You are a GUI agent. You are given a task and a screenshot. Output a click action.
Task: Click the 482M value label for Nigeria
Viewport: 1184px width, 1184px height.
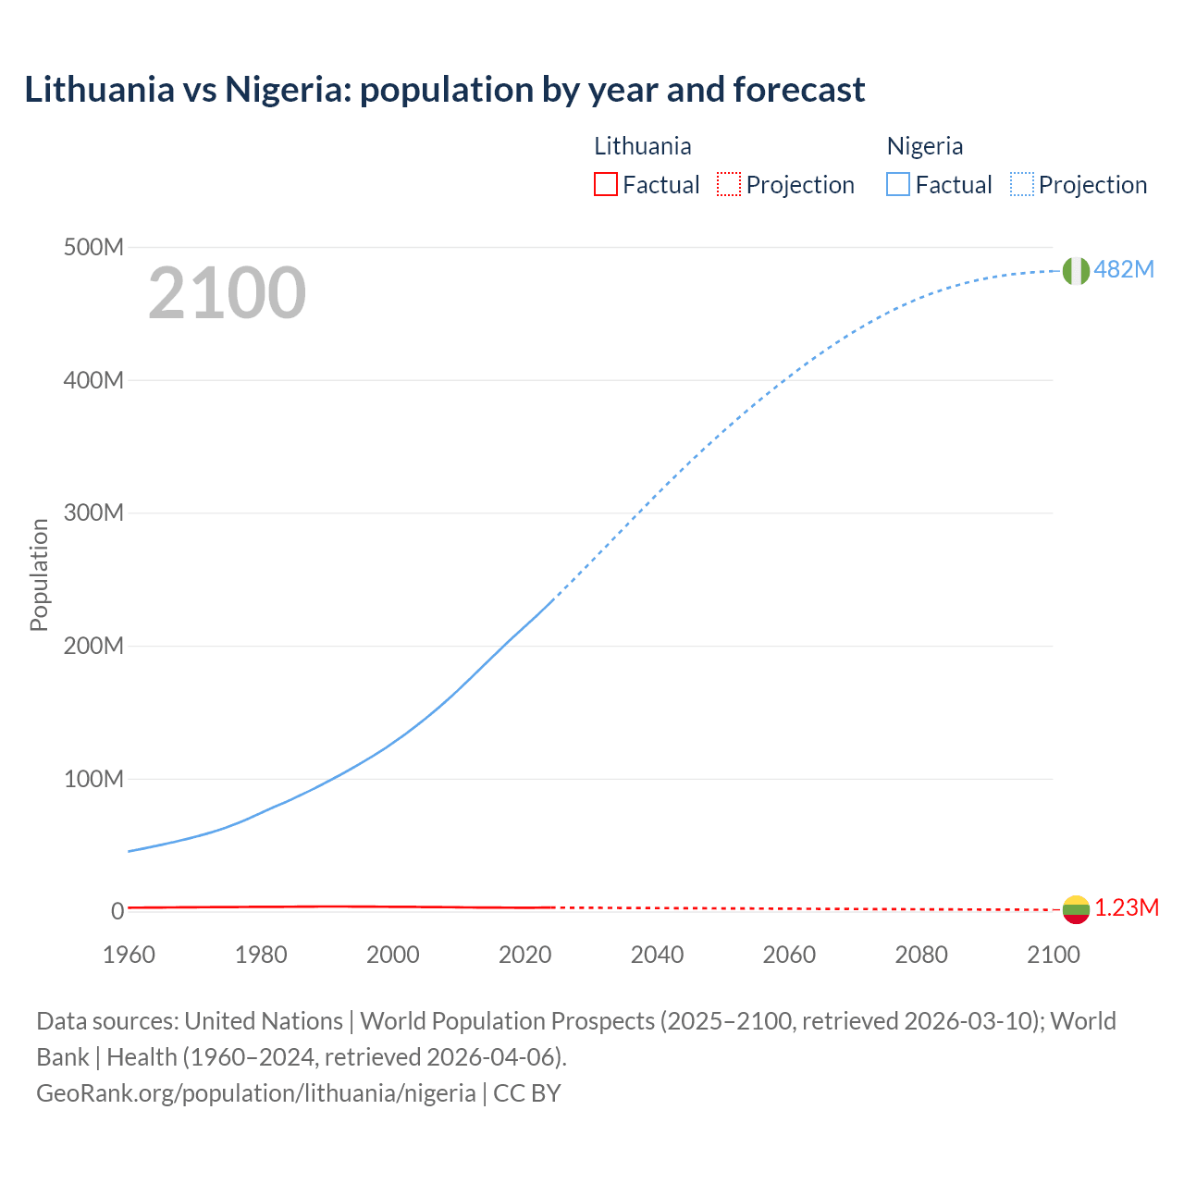coord(1124,269)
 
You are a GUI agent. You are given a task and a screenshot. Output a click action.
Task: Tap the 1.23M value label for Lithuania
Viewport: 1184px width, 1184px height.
coord(1126,907)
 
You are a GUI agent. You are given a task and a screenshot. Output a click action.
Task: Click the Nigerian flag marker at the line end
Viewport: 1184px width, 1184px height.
coord(1076,270)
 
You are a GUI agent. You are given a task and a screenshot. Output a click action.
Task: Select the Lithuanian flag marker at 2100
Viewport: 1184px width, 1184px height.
coord(1076,909)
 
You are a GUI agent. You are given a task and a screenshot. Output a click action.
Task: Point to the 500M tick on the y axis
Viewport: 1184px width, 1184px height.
coord(93,247)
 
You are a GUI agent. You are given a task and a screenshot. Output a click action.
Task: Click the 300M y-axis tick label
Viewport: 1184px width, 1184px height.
coord(93,512)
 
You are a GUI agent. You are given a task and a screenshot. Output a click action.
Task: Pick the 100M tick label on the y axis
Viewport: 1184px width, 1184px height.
coord(93,779)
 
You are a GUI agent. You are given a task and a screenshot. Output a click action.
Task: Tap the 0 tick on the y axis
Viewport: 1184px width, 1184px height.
coord(117,911)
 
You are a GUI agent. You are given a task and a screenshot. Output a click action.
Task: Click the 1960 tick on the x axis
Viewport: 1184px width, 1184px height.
coord(129,954)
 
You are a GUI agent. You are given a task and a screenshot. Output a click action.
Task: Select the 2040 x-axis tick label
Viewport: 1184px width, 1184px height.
coord(657,954)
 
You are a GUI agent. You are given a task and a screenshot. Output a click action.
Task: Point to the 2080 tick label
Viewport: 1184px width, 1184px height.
coord(921,954)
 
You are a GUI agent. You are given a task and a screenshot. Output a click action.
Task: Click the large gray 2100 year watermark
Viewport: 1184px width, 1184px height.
coord(227,293)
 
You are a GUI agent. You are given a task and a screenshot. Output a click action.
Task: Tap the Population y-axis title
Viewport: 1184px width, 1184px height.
coord(39,574)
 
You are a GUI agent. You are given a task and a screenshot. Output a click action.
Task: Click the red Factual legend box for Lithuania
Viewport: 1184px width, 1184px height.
coord(605,184)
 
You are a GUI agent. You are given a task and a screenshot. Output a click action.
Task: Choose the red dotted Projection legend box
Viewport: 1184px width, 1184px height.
coord(729,184)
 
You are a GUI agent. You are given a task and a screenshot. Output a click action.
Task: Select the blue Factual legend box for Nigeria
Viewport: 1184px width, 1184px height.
coord(898,184)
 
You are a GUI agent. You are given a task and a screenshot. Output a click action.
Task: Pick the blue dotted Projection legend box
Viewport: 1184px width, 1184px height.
coord(1022,184)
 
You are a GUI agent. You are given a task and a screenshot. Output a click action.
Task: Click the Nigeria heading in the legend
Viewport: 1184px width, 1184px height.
coord(924,146)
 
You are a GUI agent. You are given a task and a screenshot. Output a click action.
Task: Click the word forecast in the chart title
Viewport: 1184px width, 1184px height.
coord(799,90)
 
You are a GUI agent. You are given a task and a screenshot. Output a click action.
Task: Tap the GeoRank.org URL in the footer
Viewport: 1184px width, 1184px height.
coord(255,1092)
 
